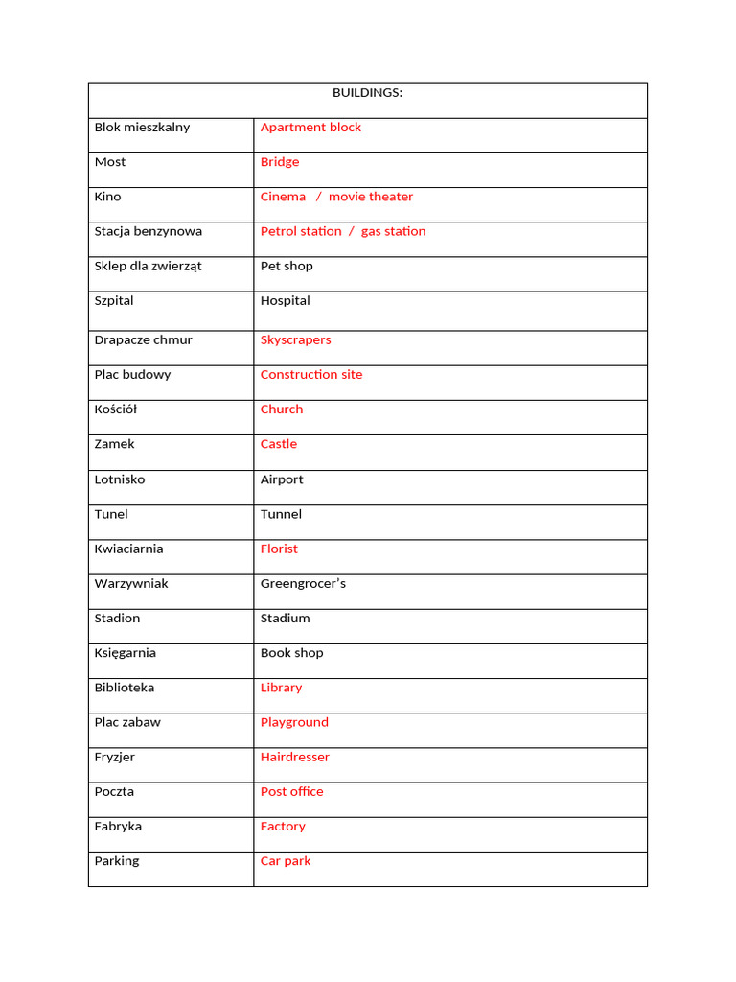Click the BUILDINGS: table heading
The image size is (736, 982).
[367, 93]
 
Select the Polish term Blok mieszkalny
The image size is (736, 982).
[142, 128]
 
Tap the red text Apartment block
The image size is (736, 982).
[310, 128]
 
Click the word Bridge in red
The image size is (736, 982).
[280, 162]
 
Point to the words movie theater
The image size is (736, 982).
[371, 197]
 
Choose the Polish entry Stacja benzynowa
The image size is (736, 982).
[148, 231]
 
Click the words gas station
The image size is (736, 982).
[393, 231]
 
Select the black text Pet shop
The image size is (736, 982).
[287, 266]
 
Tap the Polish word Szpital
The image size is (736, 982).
[114, 301]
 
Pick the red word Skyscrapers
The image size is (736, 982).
[295, 340]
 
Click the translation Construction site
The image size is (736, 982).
[311, 375]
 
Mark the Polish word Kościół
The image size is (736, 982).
[116, 409]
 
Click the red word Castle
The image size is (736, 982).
[279, 444]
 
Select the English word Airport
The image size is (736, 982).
[282, 479]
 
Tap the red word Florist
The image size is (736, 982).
[279, 549]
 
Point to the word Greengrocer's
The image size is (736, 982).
[303, 584]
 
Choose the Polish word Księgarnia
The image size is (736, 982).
[125, 653]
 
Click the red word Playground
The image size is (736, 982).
[294, 722]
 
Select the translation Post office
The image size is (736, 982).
[291, 791]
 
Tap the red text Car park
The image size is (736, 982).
[286, 861]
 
